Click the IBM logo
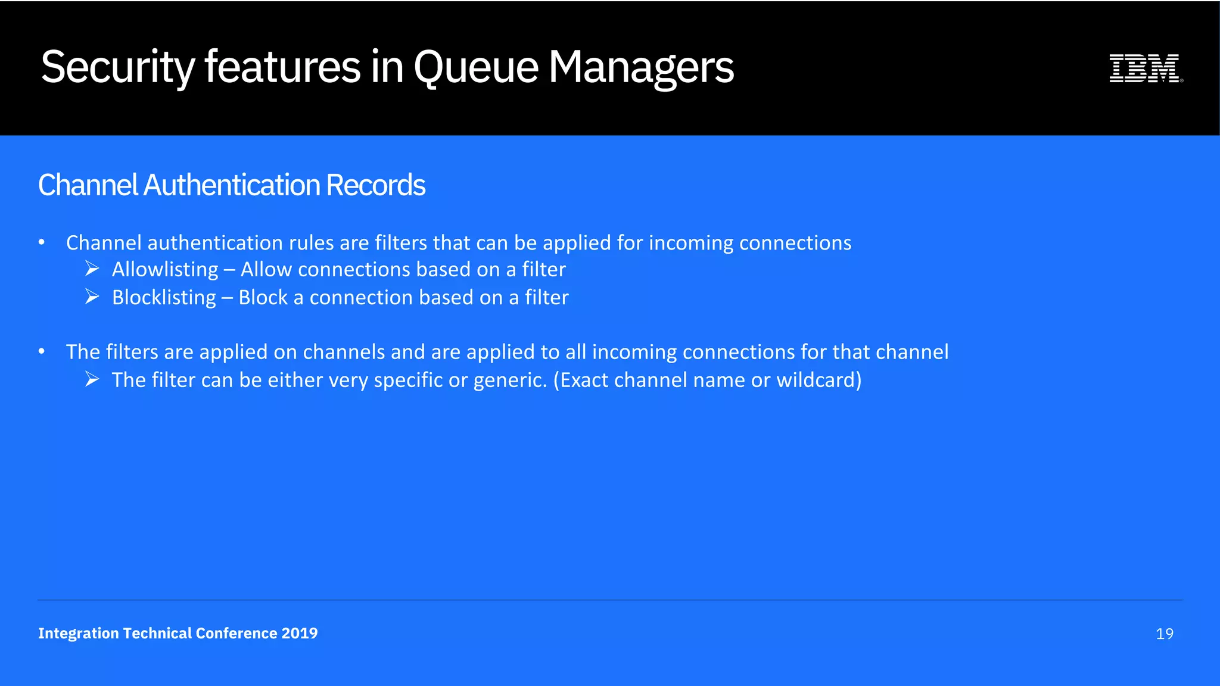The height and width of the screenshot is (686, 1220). (1145, 68)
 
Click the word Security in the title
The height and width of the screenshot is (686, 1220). (117, 67)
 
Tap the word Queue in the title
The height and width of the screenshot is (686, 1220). (476, 67)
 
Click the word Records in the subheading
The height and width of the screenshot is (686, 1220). (375, 185)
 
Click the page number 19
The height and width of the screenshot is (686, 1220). (1164, 634)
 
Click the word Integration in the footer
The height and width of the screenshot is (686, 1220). (79, 633)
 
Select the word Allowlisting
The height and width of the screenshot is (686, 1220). (165, 270)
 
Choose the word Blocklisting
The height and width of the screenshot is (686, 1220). (164, 298)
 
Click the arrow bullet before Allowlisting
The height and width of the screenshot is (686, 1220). (92, 269)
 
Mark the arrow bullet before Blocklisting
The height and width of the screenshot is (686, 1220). (92, 297)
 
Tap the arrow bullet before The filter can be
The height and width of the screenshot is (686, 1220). (92, 379)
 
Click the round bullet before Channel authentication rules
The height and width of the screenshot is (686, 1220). (42, 242)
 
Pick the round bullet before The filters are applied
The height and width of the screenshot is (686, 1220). (42, 351)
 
